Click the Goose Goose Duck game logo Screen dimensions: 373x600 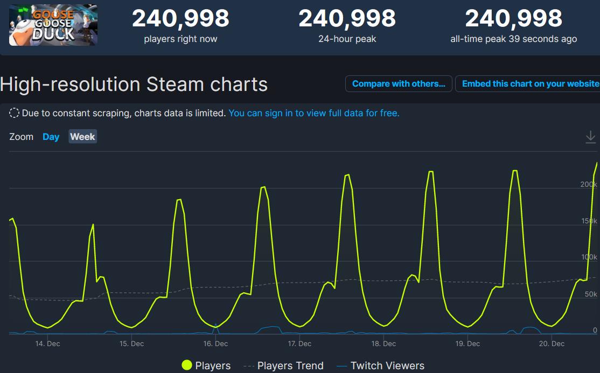[x=53, y=25]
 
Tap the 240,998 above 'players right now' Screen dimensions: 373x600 [x=180, y=19]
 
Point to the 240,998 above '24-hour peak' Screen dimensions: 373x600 [x=347, y=19]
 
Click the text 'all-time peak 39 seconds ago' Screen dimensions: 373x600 [x=513, y=39]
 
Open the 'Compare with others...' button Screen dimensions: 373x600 [x=399, y=84]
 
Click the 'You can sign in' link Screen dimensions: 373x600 [x=314, y=113]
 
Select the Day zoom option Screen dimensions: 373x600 [x=51, y=137]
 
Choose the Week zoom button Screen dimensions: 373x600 [x=82, y=137]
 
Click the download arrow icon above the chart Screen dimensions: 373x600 [x=590, y=138]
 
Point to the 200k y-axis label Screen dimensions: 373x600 [x=589, y=185]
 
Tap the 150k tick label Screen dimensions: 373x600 [x=589, y=221]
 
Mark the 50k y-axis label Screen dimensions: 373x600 [x=591, y=294]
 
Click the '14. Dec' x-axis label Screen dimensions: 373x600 [x=47, y=343]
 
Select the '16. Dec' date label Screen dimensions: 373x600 [x=215, y=343]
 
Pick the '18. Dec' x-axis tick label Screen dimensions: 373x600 [x=383, y=343]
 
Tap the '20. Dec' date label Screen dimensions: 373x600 [x=551, y=343]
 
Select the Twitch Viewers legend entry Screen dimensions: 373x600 [x=380, y=366]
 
